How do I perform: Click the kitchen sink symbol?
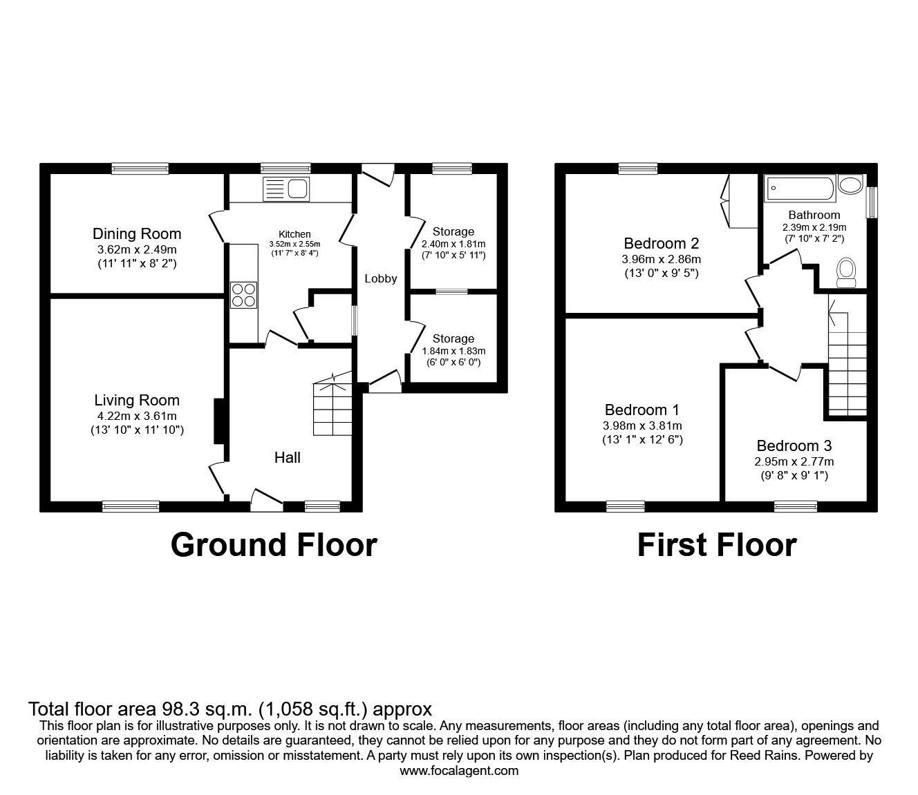coord(286,188)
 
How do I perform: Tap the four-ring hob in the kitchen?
coord(244,295)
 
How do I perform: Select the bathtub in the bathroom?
coord(800,188)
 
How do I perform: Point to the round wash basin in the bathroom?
coord(850,184)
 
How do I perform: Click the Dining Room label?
coord(137,233)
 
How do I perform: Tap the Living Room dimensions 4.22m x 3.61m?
coord(137,416)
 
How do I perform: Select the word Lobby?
coord(381,278)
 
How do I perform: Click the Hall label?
coord(288,457)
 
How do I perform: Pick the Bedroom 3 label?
coord(794,446)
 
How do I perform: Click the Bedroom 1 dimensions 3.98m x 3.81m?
coord(643,425)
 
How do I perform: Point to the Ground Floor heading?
coord(274,544)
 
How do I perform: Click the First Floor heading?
coord(716,544)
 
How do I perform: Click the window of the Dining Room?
coord(140,169)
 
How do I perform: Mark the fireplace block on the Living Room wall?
coord(218,421)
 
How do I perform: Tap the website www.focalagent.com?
coord(459,770)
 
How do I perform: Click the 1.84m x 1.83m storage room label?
coord(453,350)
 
